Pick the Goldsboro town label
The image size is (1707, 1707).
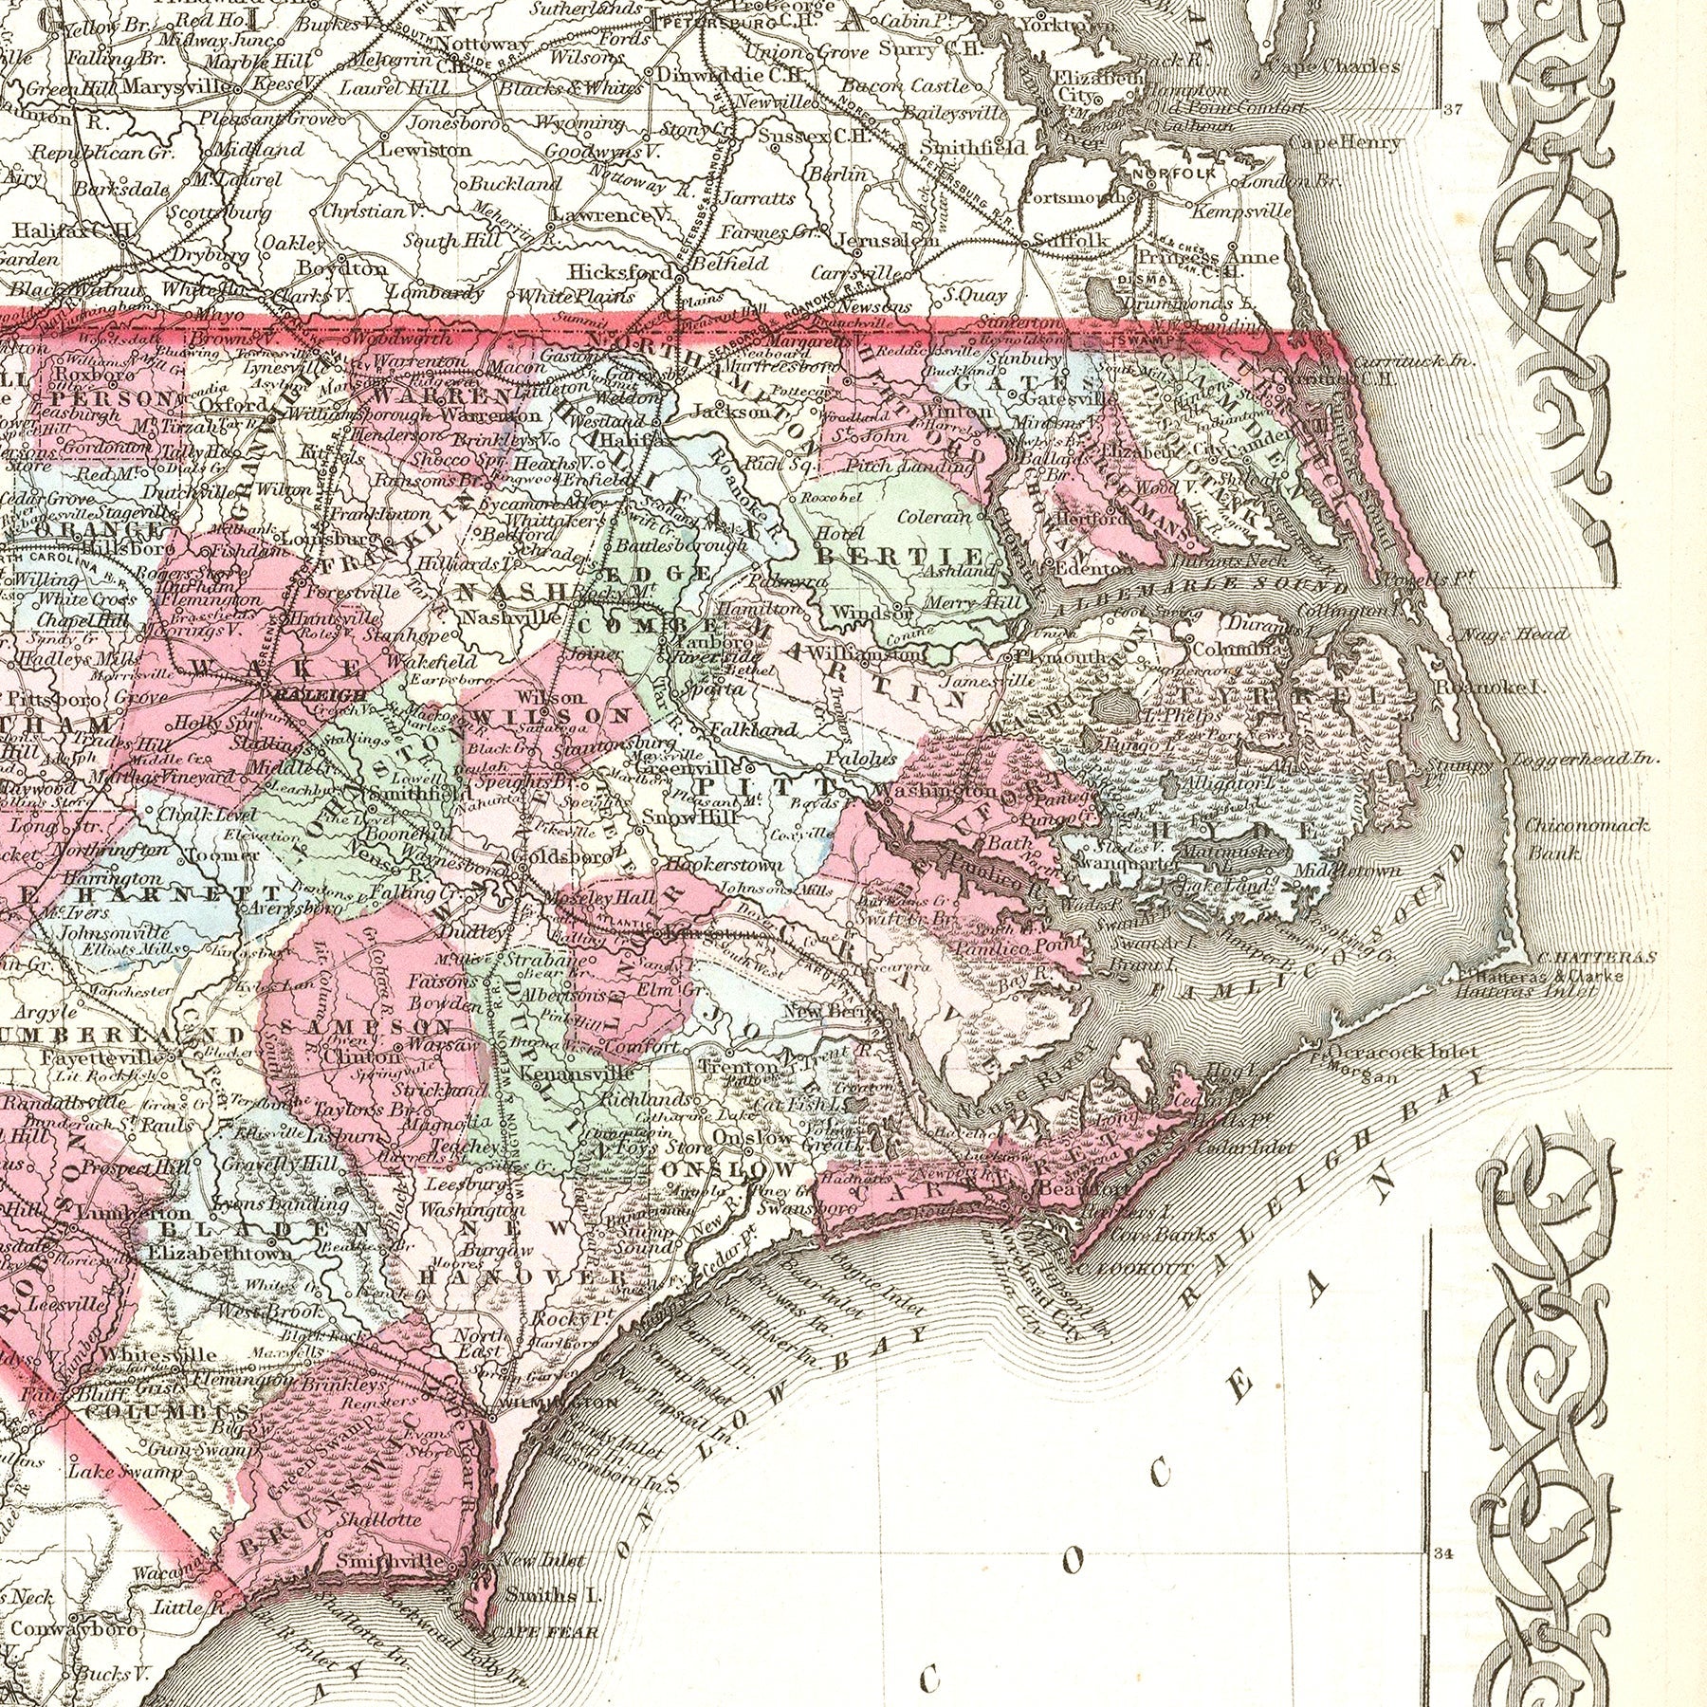pyautogui.click(x=568, y=855)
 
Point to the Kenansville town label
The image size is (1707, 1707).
pyautogui.click(x=563, y=1074)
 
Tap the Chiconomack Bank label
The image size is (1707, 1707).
pyautogui.click(x=1588, y=838)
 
